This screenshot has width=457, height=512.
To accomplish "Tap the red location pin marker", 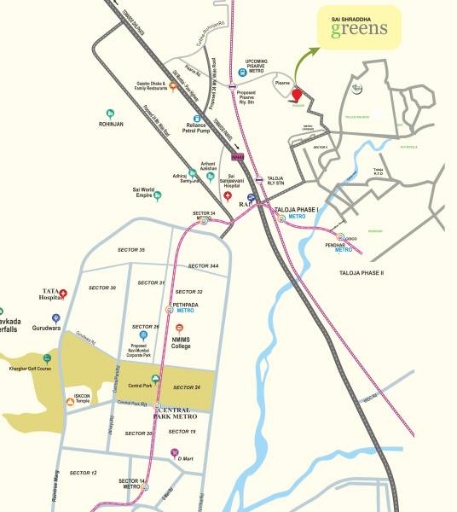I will [297, 96].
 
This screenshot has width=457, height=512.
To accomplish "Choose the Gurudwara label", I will [51, 325].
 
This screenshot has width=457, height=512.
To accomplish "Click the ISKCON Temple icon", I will [70, 399].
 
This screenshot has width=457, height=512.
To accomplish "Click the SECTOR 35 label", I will [130, 250].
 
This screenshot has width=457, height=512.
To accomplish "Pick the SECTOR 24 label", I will [186, 387].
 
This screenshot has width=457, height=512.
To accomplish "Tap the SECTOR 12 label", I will [83, 473].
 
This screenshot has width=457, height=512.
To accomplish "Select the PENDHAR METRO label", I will [343, 247].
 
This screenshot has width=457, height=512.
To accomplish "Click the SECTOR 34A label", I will [204, 266].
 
